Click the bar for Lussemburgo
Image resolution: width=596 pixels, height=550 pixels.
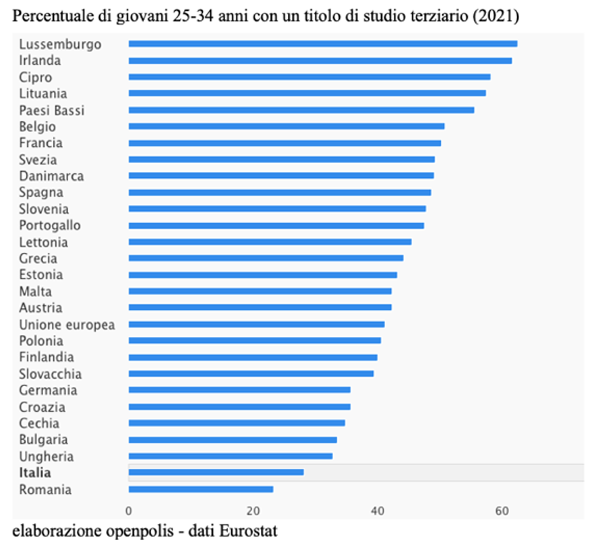click(x=322, y=44)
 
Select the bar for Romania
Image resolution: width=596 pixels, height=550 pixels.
click(x=200, y=489)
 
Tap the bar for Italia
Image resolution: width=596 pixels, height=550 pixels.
click(x=216, y=472)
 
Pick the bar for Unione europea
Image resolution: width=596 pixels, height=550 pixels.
click(x=256, y=324)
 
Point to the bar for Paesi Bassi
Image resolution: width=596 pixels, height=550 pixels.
click(x=301, y=110)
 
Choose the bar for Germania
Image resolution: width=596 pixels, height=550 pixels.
click(x=239, y=390)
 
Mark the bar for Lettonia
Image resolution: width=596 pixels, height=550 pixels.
click(x=270, y=241)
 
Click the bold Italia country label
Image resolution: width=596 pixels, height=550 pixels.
click(x=35, y=473)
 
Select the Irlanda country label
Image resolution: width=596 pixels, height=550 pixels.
click(x=40, y=61)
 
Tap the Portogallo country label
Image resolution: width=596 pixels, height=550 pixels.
click(x=50, y=225)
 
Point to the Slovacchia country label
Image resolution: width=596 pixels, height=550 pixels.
click(x=51, y=373)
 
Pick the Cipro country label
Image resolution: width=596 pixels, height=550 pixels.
click(x=35, y=77)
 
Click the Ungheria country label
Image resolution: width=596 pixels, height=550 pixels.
click(x=47, y=456)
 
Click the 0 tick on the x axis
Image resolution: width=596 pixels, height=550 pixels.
click(x=129, y=510)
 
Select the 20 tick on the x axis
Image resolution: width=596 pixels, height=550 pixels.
click(x=253, y=510)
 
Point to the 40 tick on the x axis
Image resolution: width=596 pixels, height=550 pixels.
click(x=378, y=510)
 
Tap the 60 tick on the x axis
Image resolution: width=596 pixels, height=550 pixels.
click(x=502, y=510)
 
